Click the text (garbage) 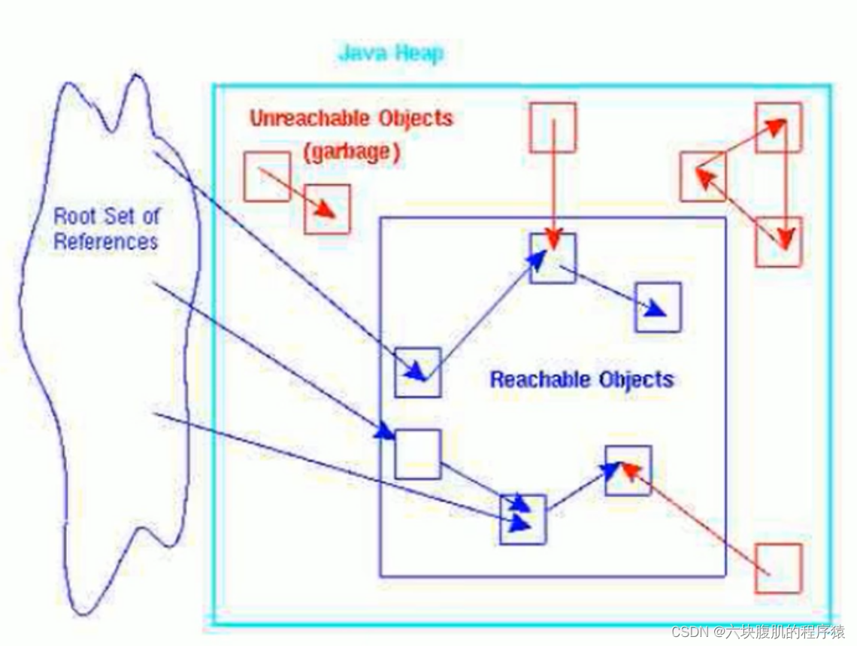(351, 151)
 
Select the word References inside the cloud (106, 241)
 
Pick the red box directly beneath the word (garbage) (328, 208)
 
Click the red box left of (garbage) (267, 176)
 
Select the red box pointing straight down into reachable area (553, 128)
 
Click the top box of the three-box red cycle (778, 128)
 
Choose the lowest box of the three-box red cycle (778, 241)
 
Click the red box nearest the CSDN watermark (778, 568)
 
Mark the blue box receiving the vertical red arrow (553, 258)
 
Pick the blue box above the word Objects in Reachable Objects (658, 307)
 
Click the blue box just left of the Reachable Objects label (417, 372)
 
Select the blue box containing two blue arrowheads (522, 519)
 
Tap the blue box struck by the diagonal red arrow (628, 470)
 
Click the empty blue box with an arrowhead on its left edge (417, 453)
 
